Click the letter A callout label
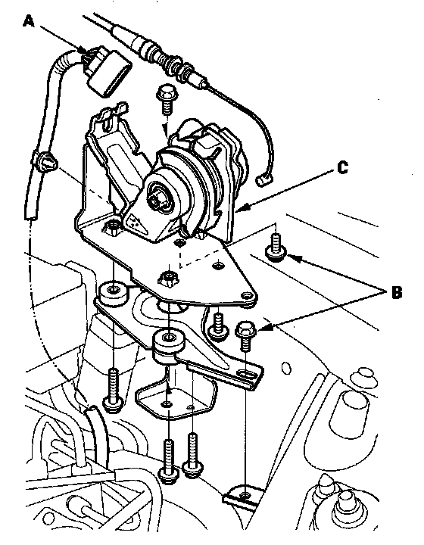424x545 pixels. (x=30, y=21)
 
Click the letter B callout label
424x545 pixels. (x=397, y=292)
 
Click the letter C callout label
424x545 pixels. (x=343, y=168)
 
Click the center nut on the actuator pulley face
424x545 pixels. (x=156, y=198)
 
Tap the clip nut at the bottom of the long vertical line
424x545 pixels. (x=242, y=494)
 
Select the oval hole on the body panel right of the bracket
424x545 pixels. (x=286, y=368)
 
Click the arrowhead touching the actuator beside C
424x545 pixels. (x=241, y=209)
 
